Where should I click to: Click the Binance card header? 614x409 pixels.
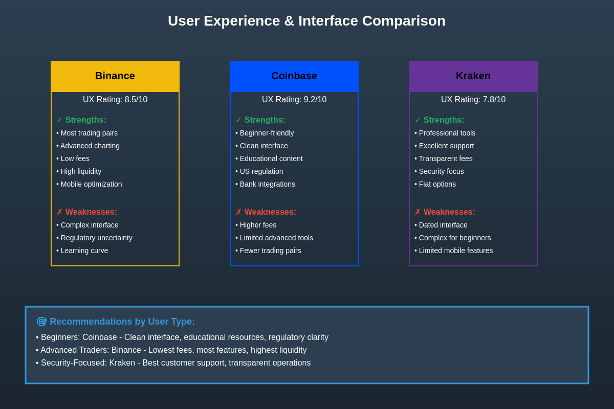[x=115, y=76]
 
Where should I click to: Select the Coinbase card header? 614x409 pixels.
[x=294, y=76]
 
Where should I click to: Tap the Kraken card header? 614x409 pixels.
[x=473, y=76]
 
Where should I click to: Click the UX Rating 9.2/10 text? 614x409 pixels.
[x=294, y=100]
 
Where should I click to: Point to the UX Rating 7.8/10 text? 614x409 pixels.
[x=473, y=100]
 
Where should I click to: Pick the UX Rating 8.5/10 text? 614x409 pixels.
[x=115, y=100]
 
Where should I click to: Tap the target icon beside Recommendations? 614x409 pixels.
[x=41, y=322]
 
